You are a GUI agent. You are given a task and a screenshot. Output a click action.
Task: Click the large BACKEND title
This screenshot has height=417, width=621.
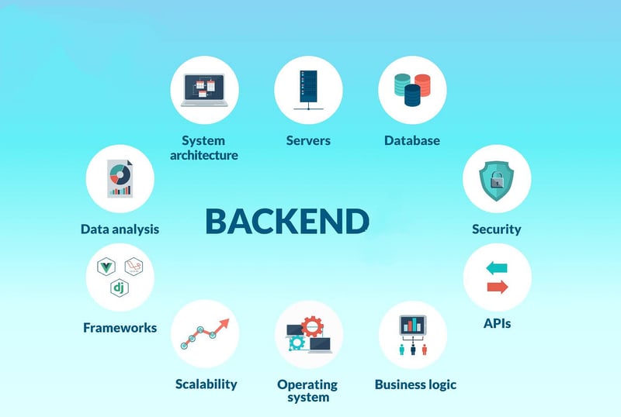pos(287,221)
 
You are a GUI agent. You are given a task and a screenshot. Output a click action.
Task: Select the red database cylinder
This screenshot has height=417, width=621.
pos(422,84)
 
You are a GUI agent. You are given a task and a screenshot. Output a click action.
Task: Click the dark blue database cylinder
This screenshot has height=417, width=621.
pos(412,95)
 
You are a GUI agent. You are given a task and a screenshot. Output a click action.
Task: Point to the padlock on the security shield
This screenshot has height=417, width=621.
pos(497,180)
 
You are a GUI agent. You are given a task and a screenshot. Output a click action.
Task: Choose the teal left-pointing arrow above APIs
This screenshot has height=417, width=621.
pos(497,268)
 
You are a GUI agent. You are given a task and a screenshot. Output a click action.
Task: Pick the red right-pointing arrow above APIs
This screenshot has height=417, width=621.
pos(498,287)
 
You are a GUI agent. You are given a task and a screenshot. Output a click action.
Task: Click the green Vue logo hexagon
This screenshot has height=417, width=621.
pos(106,267)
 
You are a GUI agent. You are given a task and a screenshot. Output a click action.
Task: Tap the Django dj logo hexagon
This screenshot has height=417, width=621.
pos(120,288)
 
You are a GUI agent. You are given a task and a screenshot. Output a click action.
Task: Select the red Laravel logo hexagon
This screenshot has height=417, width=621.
pos(134,267)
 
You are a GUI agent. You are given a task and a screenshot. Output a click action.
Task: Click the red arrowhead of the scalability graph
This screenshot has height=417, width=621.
pos(224,324)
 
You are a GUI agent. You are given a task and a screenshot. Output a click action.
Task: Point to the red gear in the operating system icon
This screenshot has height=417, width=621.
pos(312,326)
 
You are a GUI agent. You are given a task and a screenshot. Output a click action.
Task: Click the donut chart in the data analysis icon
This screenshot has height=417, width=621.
pos(120,175)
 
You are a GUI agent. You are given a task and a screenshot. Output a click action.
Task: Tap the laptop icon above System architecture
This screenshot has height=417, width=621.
pos(204,90)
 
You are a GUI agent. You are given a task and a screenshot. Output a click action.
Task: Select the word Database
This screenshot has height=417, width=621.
pos(412,140)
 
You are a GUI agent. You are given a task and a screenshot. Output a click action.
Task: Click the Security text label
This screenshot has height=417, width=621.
pos(497,229)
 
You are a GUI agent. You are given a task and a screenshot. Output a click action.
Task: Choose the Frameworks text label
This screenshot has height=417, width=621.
pos(120,328)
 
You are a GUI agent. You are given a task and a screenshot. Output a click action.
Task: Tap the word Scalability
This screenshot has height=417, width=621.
pos(206,384)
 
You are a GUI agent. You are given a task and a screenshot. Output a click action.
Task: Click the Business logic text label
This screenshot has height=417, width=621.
pos(415,384)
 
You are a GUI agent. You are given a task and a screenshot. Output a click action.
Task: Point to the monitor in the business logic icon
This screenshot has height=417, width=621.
pos(413,326)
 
